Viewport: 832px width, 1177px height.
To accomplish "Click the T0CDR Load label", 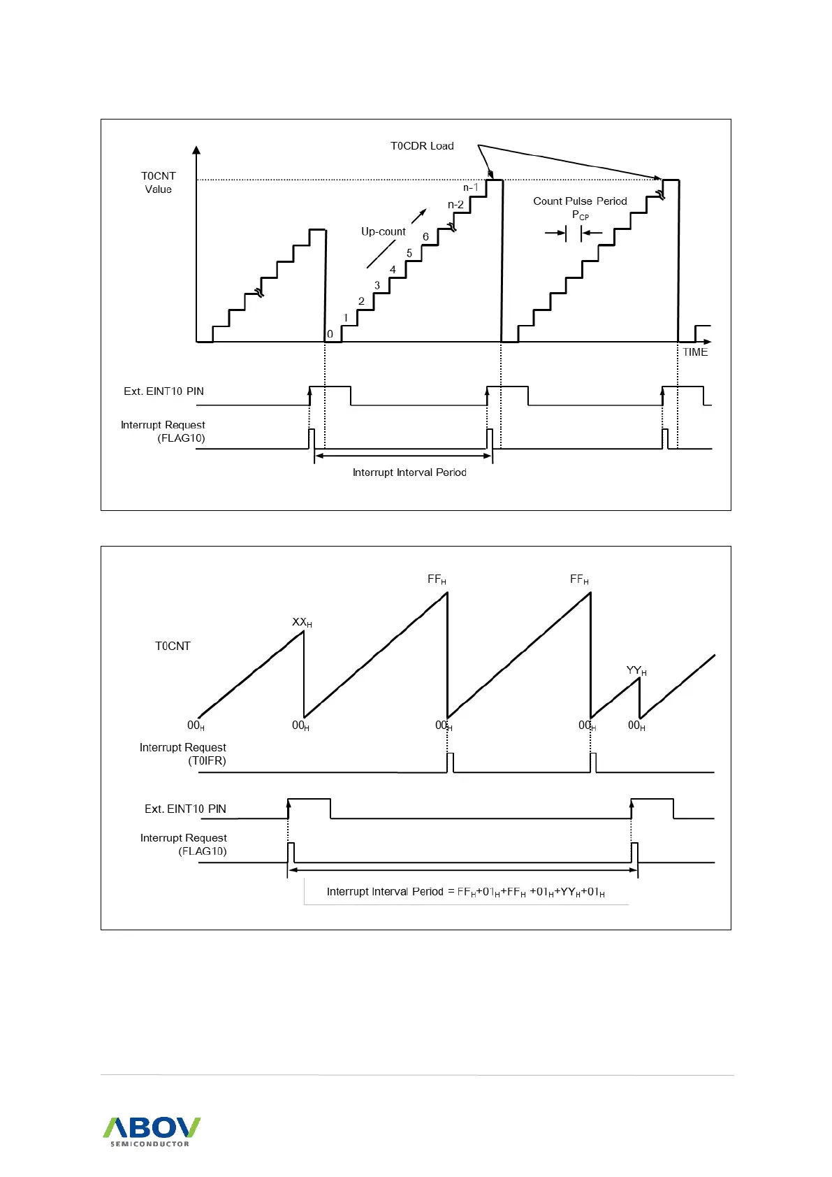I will [x=422, y=146].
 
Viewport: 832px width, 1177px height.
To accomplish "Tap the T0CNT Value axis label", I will [x=159, y=182].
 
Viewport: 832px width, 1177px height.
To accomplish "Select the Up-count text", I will [x=383, y=231].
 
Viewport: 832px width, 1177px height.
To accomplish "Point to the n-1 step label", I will [x=471, y=187].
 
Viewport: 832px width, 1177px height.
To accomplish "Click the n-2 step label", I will [x=455, y=205].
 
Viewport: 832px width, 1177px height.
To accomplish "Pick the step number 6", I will [x=425, y=237].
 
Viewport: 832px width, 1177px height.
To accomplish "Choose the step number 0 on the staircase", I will [x=330, y=334].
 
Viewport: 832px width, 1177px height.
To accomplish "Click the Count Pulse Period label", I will [x=580, y=201].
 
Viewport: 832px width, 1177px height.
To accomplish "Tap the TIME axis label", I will [x=695, y=352].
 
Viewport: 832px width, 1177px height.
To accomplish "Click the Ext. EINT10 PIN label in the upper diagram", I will [x=163, y=391].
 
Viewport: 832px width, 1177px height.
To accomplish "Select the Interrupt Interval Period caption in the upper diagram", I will [x=409, y=472].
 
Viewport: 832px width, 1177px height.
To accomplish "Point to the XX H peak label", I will [x=302, y=622].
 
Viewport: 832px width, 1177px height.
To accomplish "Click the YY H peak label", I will [x=636, y=671].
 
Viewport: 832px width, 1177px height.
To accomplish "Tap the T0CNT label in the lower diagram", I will [x=173, y=646].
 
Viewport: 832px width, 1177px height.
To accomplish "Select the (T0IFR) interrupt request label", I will [x=207, y=760].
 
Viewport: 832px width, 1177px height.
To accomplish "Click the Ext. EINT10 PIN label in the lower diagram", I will [x=185, y=809].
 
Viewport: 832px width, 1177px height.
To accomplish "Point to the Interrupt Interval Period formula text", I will [x=465, y=892].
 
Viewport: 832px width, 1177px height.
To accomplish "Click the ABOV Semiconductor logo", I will [x=152, y=1131].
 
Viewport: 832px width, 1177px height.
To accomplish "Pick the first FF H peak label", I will [x=437, y=579].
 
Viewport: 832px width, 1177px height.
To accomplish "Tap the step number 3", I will [x=377, y=285].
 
